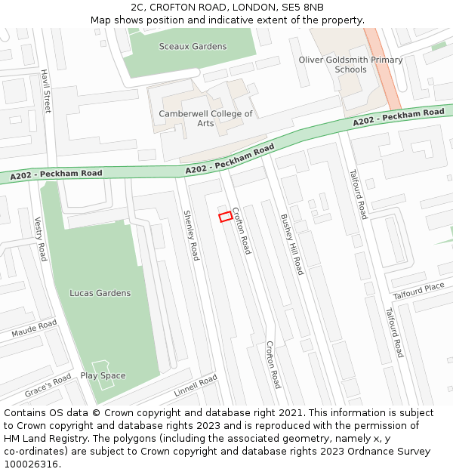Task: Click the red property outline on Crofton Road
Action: tap(225, 217)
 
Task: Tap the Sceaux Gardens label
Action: tap(193, 47)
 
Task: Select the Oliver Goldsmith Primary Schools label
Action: tap(350, 65)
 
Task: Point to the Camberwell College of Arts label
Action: tap(205, 119)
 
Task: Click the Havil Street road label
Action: tap(46, 91)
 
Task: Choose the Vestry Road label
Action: tap(41, 239)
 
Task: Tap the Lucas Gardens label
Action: tap(100, 293)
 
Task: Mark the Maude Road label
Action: tap(34, 329)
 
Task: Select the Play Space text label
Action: tap(103, 376)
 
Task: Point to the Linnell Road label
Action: tap(196, 385)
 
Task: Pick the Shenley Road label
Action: tap(191, 236)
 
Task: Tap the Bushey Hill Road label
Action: tap(291, 244)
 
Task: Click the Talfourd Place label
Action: tap(419, 291)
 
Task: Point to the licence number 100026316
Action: tap(32, 464)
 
